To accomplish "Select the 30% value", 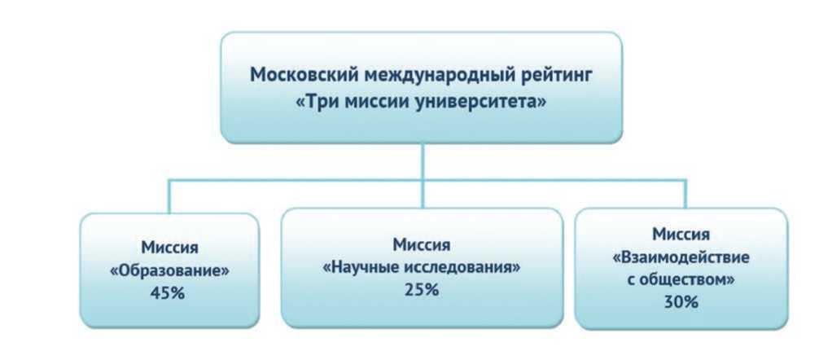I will click(680, 301).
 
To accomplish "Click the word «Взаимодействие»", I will click(680, 257).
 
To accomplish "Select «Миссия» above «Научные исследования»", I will click(421, 244).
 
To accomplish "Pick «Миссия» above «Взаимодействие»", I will click(680, 235).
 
